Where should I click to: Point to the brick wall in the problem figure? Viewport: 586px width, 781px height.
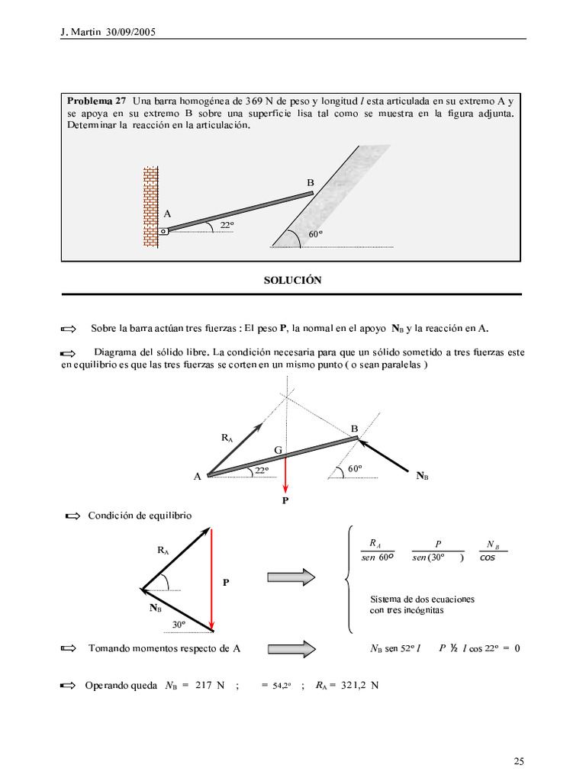click(x=150, y=206)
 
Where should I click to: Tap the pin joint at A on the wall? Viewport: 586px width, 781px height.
click(x=163, y=231)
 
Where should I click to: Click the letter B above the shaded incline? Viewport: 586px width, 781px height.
click(x=311, y=183)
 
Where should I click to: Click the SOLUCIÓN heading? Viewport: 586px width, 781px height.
click(x=292, y=281)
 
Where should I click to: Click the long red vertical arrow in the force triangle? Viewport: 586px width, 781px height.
click(x=211, y=580)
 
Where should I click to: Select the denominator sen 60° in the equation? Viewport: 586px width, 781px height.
click(x=377, y=558)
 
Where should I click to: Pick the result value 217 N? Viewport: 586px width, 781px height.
click(x=210, y=685)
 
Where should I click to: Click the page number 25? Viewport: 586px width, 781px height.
click(x=519, y=760)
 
